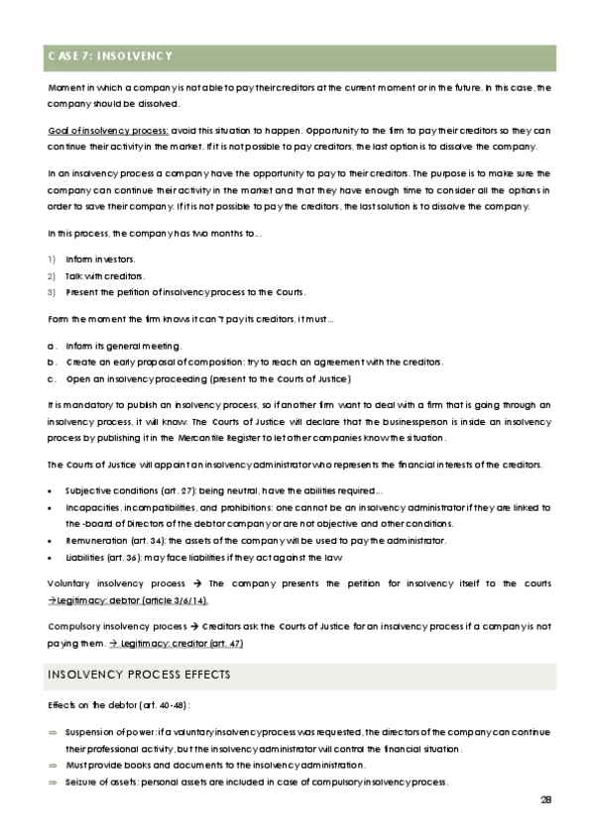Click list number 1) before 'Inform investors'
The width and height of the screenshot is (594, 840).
(x=51, y=259)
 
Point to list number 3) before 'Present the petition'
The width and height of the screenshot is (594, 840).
(x=51, y=292)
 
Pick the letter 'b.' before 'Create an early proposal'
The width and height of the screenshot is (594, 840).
(x=52, y=363)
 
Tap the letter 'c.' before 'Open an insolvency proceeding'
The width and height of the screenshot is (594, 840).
(x=52, y=379)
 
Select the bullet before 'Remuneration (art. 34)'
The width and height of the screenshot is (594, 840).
(x=51, y=540)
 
